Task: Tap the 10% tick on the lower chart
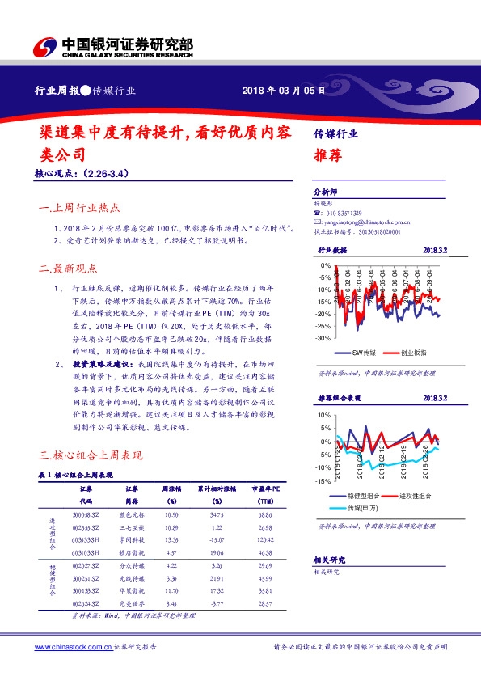323,415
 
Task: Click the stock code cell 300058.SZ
86,514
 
